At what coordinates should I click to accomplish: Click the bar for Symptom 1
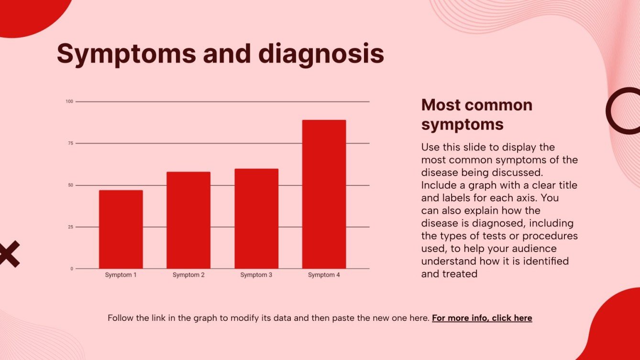pos(121,229)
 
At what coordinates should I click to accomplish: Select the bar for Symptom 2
pos(188,220)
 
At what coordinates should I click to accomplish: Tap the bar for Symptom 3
pos(256,218)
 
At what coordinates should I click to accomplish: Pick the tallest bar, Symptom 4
pos(324,194)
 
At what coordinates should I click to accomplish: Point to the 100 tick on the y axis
pos(69,101)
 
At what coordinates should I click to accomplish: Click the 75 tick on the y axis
pos(70,143)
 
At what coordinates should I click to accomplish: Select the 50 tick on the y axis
pos(70,185)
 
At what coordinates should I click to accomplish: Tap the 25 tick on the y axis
pos(70,227)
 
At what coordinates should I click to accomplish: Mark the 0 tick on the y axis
pos(72,269)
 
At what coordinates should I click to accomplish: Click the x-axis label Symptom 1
pos(121,275)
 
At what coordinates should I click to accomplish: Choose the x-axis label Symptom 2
pos(188,275)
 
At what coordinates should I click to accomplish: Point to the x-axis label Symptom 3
pos(256,275)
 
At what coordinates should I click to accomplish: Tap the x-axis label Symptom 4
pos(324,275)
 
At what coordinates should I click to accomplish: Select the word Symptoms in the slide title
pos(126,54)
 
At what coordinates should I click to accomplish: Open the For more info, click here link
pos(482,318)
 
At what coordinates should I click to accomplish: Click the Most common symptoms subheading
pos(476,114)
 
